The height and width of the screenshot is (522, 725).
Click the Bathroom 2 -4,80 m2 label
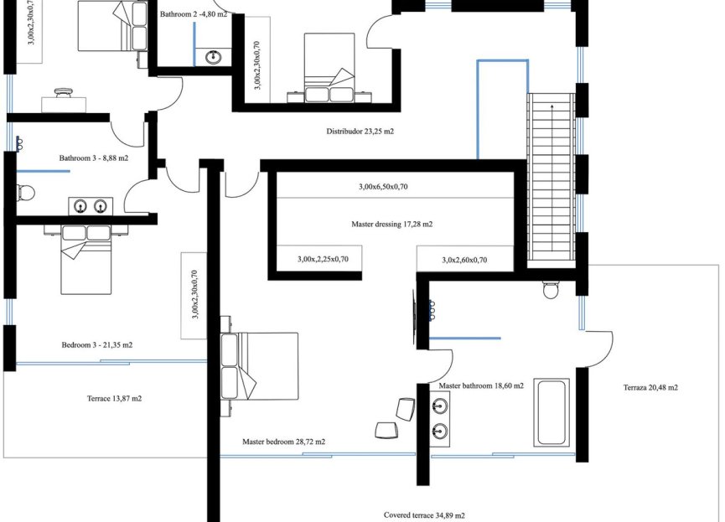click(x=193, y=14)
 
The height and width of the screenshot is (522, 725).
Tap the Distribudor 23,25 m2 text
click(x=360, y=132)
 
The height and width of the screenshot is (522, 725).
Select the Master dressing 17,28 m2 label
click(x=392, y=225)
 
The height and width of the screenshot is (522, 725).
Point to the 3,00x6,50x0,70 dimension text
click(x=383, y=187)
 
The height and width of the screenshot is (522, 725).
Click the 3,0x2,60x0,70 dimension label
click(x=464, y=261)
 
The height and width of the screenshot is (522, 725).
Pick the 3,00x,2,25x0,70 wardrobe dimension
click(x=323, y=260)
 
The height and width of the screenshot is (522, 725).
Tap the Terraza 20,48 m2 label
click(x=650, y=388)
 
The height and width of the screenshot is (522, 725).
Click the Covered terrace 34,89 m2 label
click(x=424, y=515)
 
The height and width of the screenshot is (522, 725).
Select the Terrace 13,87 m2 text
click(x=114, y=399)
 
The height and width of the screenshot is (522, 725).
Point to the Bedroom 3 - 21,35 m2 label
click(x=97, y=345)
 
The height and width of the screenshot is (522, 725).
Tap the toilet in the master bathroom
click(x=552, y=290)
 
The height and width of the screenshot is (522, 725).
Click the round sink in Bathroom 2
click(x=214, y=57)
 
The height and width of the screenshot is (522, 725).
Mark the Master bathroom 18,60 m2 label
click(x=481, y=386)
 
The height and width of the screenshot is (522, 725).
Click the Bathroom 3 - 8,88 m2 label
click(x=94, y=158)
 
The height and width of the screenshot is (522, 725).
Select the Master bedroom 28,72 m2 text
click(x=284, y=442)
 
